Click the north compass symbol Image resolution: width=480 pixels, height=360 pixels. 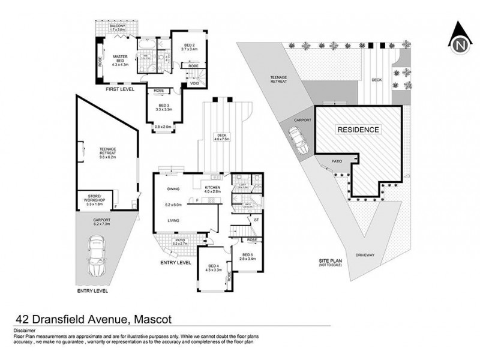click(460, 40)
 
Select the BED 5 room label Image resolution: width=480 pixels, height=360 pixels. click(249, 256)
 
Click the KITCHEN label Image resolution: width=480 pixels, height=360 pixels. click(214, 188)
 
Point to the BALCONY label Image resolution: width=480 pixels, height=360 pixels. click(117, 28)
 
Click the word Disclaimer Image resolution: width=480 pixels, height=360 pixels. click(22, 331)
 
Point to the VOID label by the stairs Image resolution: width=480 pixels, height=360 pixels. click(194, 83)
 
